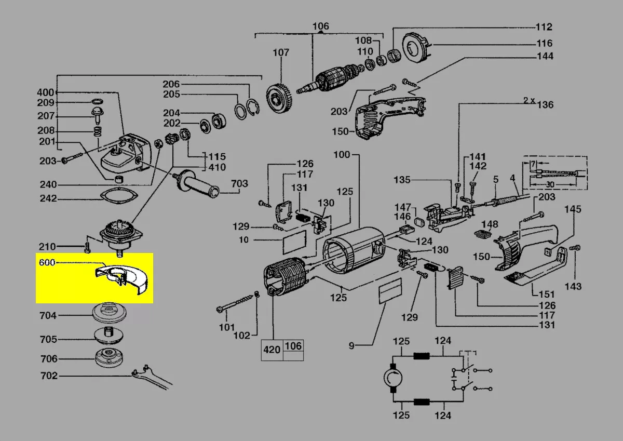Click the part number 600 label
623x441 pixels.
click(x=47, y=263)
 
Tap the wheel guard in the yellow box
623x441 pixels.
click(x=122, y=280)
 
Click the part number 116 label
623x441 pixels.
click(x=545, y=43)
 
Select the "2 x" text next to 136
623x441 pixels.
click(x=529, y=100)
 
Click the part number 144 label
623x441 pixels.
click(x=545, y=56)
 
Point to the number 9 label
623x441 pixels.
click(x=351, y=345)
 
